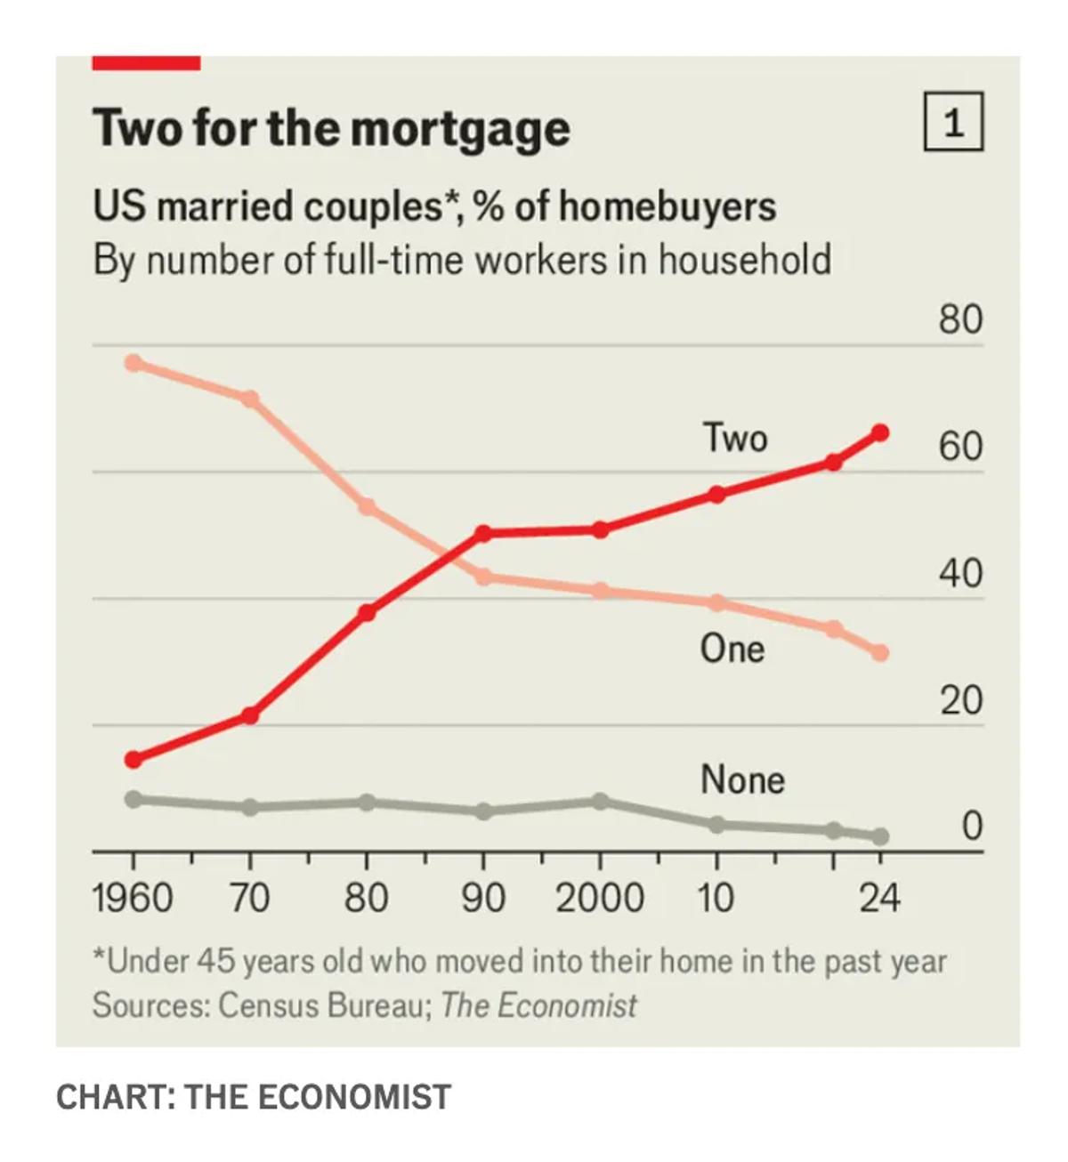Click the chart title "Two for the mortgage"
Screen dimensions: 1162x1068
click(x=331, y=128)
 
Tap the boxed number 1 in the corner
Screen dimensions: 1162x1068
click(x=953, y=122)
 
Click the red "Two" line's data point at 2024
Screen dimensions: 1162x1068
click(x=880, y=432)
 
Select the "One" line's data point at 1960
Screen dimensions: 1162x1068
click(x=133, y=363)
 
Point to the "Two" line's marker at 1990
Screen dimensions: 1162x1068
click(x=483, y=534)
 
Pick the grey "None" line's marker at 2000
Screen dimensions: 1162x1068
click(x=601, y=802)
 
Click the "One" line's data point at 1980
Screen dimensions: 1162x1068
click(x=366, y=507)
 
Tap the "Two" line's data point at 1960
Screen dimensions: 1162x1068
click(x=133, y=760)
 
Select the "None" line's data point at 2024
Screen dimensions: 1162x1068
click(x=880, y=836)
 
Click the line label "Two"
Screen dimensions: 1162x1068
click(x=734, y=438)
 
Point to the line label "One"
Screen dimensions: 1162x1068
click(x=732, y=649)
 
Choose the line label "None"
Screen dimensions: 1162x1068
click(x=742, y=780)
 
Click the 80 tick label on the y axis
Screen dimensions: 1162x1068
click(x=960, y=319)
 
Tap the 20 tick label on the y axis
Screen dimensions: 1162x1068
click(x=960, y=701)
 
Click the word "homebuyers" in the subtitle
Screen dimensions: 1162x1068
click(x=667, y=206)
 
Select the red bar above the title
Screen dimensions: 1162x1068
click(x=146, y=62)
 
